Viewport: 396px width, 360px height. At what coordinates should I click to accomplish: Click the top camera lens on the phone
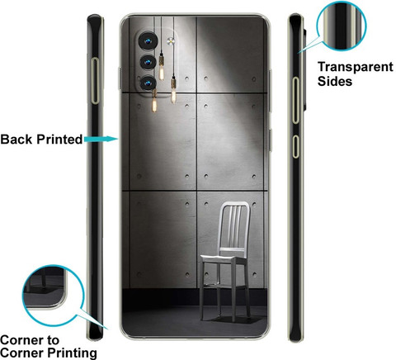148,41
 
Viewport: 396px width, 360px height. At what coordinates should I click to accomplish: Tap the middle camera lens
148,63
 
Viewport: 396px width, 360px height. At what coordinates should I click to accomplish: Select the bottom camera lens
148,83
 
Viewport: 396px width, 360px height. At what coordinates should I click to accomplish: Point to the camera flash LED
171,41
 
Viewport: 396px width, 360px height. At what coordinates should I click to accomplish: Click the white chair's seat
224,259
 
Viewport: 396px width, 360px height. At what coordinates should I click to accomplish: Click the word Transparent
356,67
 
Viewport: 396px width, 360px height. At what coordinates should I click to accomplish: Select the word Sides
335,82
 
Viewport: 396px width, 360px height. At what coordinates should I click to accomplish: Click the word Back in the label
16,140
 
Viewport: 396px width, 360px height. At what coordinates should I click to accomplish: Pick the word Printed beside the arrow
59,140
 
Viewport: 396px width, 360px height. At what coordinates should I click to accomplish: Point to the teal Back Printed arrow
101,140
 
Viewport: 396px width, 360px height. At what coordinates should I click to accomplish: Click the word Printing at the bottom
72,353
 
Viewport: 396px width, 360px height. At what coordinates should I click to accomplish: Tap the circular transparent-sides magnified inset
342,26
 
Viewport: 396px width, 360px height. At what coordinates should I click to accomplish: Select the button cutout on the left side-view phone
95,81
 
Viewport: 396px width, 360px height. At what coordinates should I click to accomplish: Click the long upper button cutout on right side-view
295,101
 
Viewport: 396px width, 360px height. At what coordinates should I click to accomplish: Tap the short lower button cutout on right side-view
295,147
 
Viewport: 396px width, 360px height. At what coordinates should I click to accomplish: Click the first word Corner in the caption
30,340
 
